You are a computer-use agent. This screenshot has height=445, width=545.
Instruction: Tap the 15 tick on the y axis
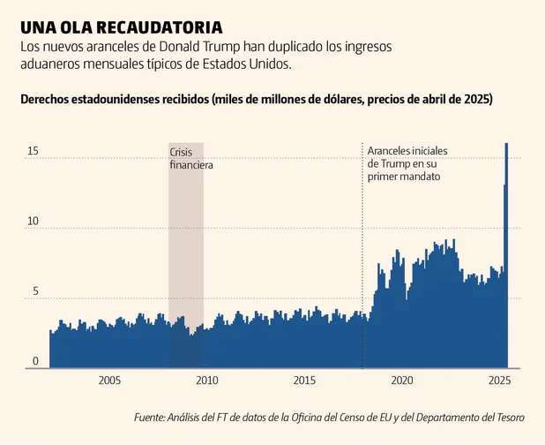click(x=33, y=151)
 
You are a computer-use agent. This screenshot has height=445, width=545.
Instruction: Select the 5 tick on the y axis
click(x=35, y=290)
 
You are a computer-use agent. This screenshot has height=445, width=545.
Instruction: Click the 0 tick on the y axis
click(x=35, y=360)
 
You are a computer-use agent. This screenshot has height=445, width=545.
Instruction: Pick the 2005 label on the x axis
click(x=109, y=381)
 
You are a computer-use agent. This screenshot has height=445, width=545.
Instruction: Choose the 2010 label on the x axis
click(x=206, y=381)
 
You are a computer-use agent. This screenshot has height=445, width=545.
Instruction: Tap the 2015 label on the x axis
click(x=304, y=381)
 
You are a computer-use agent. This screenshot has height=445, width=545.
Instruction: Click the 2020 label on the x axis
click(x=402, y=381)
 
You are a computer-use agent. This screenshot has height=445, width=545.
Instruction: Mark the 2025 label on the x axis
click(x=499, y=381)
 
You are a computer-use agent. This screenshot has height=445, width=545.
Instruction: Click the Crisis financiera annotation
click(x=191, y=159)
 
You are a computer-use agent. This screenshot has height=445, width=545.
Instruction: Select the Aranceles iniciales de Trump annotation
click(x=407, y=164)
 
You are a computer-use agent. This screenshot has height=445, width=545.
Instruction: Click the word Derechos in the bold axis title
click(x=49, y=100)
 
